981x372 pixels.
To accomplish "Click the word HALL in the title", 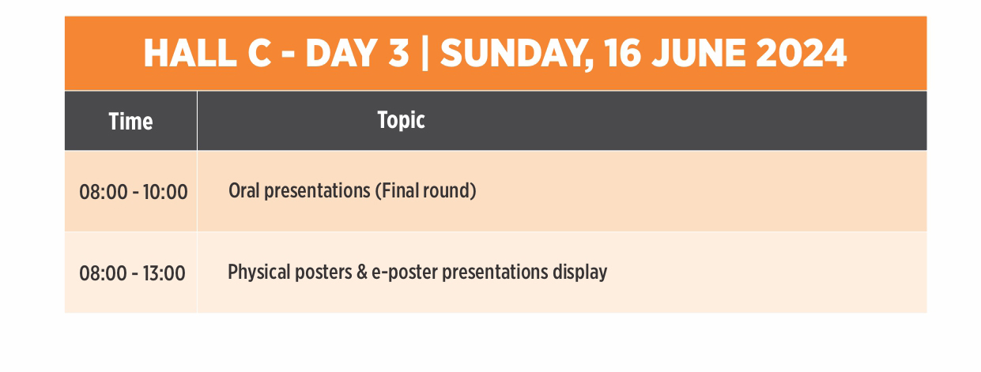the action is (190, 53).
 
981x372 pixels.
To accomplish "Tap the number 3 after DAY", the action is (398, 53).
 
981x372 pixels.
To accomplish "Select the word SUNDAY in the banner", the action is (517, 54).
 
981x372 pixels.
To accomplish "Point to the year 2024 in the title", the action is (801, 53).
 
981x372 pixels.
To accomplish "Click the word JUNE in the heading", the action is (699, 53).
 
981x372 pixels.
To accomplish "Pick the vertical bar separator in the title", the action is (424, 54).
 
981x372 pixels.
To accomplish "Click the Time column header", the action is (130, 121).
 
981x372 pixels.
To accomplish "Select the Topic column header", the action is (401, 120).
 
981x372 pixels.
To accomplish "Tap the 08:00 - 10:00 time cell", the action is (133, 192).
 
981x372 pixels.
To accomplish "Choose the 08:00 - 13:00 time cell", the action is (132, 273).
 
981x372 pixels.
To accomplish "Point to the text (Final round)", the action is (426, 191).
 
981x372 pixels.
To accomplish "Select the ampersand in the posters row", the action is (362, 272).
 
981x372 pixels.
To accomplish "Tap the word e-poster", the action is (405, 272).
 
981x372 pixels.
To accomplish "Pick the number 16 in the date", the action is (622, 53).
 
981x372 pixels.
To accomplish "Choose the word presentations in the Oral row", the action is (318, 191).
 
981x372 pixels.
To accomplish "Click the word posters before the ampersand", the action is (323, 272).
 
